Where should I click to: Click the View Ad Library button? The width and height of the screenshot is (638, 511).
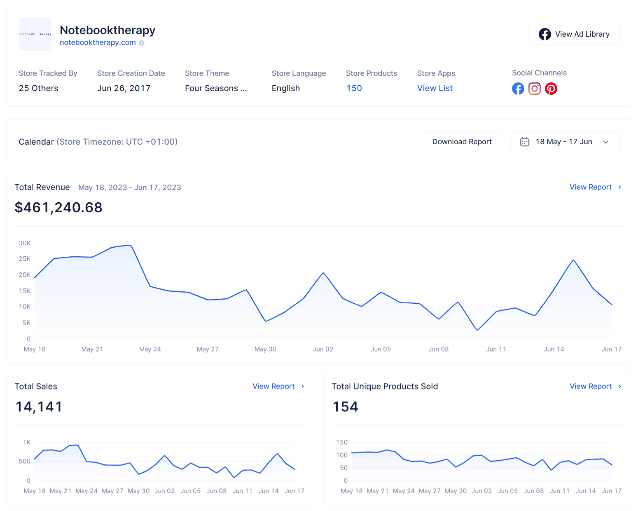click(x=574, y=34)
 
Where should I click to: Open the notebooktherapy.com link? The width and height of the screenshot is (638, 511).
click(x=98, y=42)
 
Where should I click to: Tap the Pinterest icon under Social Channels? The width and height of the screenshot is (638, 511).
click(x=551, y=89)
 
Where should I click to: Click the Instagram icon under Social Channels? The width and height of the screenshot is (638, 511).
click(x=534, y=89)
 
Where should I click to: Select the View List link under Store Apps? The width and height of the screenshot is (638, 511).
click(x=435, y=88)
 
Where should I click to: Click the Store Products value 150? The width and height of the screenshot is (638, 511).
click(x=354, y=88)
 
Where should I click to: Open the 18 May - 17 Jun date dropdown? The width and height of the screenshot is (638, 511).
click(x=565, y=142)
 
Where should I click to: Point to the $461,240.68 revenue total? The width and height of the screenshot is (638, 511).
click(x=58, y=207)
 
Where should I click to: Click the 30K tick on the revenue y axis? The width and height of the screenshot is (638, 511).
click(x=25, y=243)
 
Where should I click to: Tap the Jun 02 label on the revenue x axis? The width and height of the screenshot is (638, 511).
click(x=323, y=349)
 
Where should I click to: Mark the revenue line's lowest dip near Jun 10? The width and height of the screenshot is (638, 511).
click(x=477, y=330)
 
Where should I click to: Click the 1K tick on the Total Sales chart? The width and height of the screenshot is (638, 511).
click(x=27, y=442)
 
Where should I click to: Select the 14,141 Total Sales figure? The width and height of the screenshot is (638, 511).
click(x=39, y=407)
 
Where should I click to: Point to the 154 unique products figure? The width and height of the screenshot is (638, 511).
click(x=345, y=407)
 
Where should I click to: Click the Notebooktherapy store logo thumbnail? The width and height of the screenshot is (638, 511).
click(x=35, y=34)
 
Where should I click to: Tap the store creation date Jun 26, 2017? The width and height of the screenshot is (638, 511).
click(x=124, y=88)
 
